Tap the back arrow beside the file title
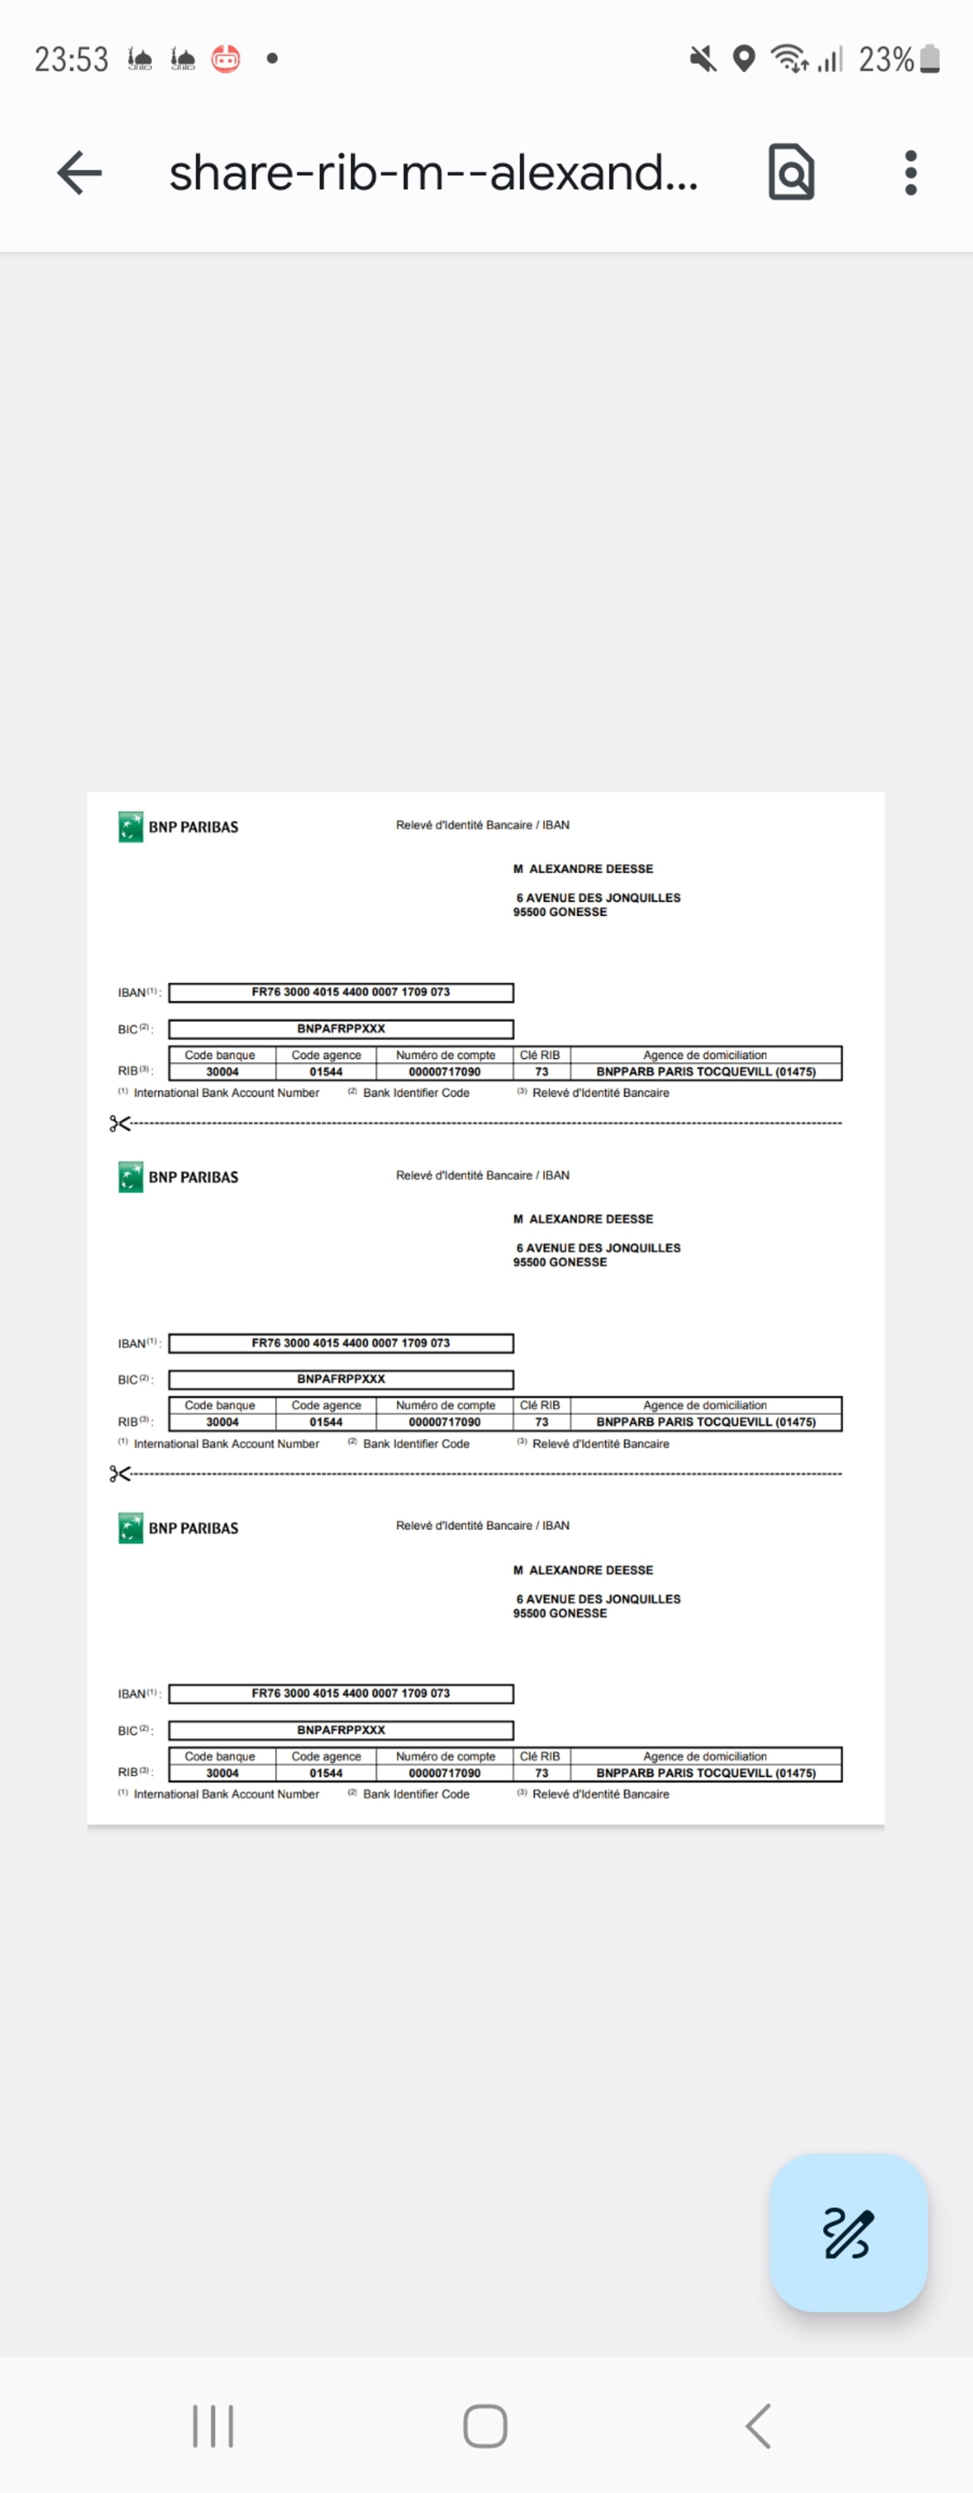point(79,173)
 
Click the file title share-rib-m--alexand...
point(433,173)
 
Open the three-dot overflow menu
point(910,173)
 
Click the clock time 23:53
point(72,59)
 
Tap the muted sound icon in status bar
point(703,59)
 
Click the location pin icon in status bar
point(743,59)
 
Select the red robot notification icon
point(226,59)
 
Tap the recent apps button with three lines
point(213,2425)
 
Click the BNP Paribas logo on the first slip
point(131,827)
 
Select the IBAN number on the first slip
point(350,992)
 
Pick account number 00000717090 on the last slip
point(444,1773)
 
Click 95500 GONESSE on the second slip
point(559,1262)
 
